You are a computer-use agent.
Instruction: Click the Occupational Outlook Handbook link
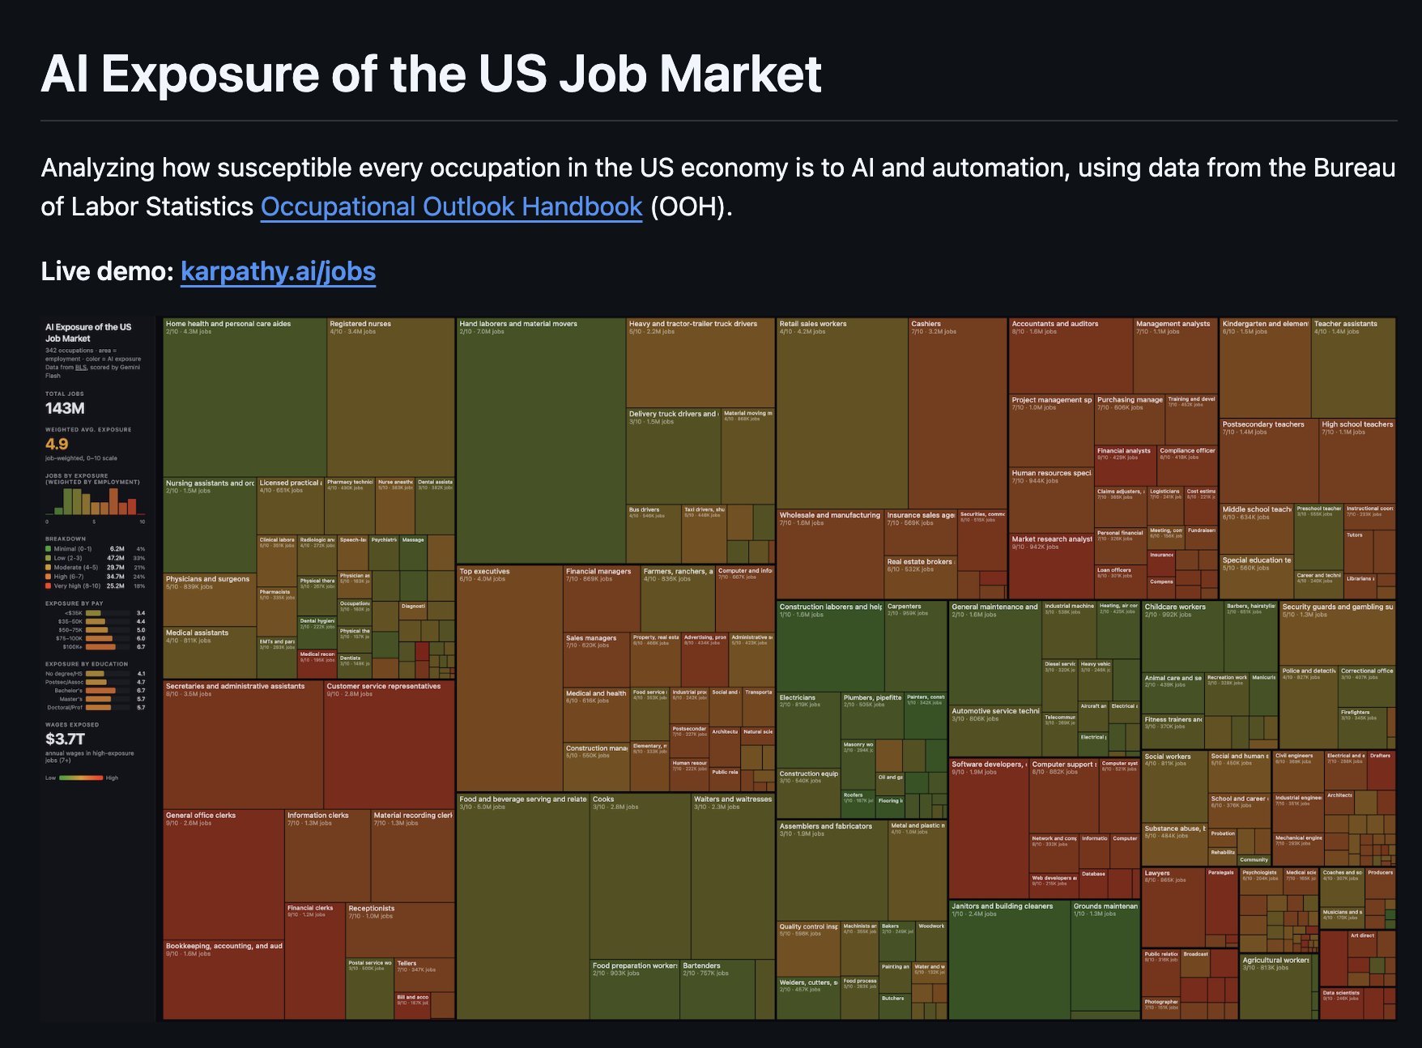point(451,207)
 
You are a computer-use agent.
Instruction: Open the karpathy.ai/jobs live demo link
point(278,271)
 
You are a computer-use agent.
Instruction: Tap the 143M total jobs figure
point(65,408)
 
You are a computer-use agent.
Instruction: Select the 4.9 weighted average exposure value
point(57,444)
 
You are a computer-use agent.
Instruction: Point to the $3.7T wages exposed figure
point(65,739)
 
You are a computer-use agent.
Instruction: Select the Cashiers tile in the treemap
point(956,413)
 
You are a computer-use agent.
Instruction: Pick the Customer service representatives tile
point(389,745)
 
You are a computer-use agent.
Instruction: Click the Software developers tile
point(988,826)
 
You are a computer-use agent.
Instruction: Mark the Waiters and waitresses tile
point(732,875)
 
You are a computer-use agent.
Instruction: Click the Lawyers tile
point(1172,907)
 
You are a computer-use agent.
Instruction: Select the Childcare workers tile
point(1181,640)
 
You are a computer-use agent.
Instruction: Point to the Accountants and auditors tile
point(1070,356)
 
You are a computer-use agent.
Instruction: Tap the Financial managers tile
point(601,599)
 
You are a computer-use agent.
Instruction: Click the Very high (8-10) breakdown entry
point(77,586)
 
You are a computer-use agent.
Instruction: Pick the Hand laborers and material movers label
point(518,324)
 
